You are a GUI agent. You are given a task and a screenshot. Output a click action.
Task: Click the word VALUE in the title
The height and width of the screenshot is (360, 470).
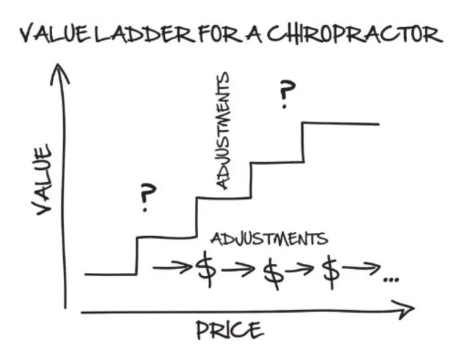tap(54, 35)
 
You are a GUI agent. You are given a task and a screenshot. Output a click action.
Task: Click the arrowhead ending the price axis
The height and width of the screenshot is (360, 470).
tap(405, 311)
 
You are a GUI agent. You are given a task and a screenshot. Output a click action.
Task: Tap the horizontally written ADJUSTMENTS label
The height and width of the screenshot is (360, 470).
tap(269, 239)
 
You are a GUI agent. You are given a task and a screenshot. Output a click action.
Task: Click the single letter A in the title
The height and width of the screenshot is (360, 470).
tap(255, 35)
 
